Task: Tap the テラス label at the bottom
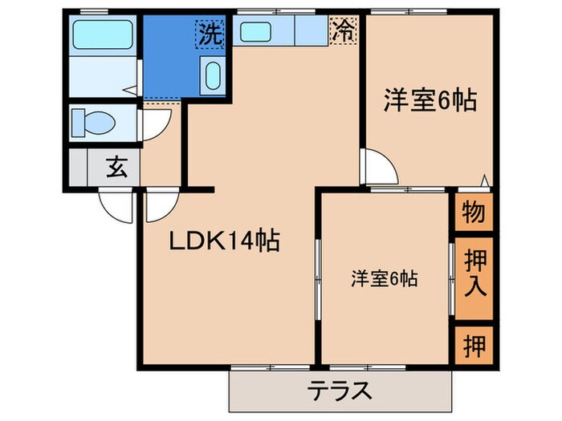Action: pos(340,391)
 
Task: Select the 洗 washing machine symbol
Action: pos(210,34)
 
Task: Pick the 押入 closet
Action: pos(473,277)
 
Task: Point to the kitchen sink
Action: pos(259,32)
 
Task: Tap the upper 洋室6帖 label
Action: pos(430,101)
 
